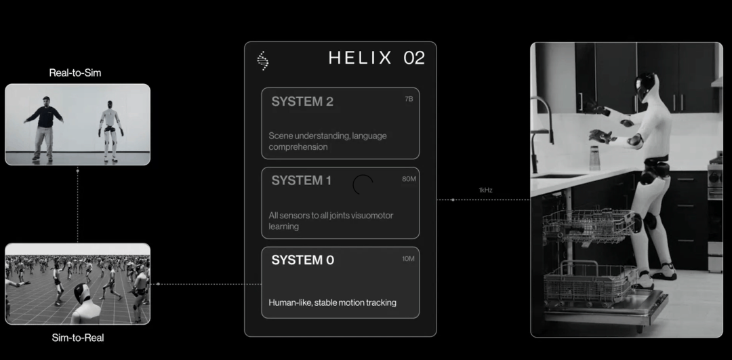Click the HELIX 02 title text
[x=377, y=58]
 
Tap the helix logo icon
[x=262, y=61]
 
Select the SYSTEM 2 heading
[x=302, y=101]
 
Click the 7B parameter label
[x=409, y=99]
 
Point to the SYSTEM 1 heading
[x=301, y=181]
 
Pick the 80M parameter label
[x=409, y=179]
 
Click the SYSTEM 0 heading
[x=302, y=260]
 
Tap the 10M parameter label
[x=408, y=259]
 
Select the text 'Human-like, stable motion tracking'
[x=332, y=302]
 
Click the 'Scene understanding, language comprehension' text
[x=327, y=141]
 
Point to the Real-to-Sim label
[x=75, y=73]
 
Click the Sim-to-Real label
[x=78, y=338]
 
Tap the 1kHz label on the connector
[x=485, y=191]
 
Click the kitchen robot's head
[x=645, y=86]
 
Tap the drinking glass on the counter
[x=594, y=158]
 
